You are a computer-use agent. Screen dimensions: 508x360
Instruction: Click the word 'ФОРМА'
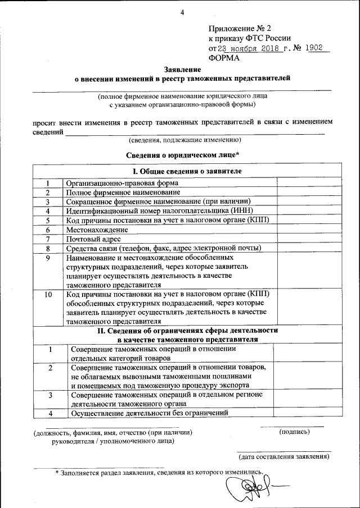tap(224, 57)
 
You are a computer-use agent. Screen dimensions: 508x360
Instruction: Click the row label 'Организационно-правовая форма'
tap(122, 182)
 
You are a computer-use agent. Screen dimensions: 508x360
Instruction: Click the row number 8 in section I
tap(48, 248)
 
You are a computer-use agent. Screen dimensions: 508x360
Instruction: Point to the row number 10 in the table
tap(48, 294)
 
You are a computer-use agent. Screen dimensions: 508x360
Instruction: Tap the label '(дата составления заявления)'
tap(283, 456)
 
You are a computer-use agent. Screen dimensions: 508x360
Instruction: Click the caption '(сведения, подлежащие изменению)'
tap(184, 140)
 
